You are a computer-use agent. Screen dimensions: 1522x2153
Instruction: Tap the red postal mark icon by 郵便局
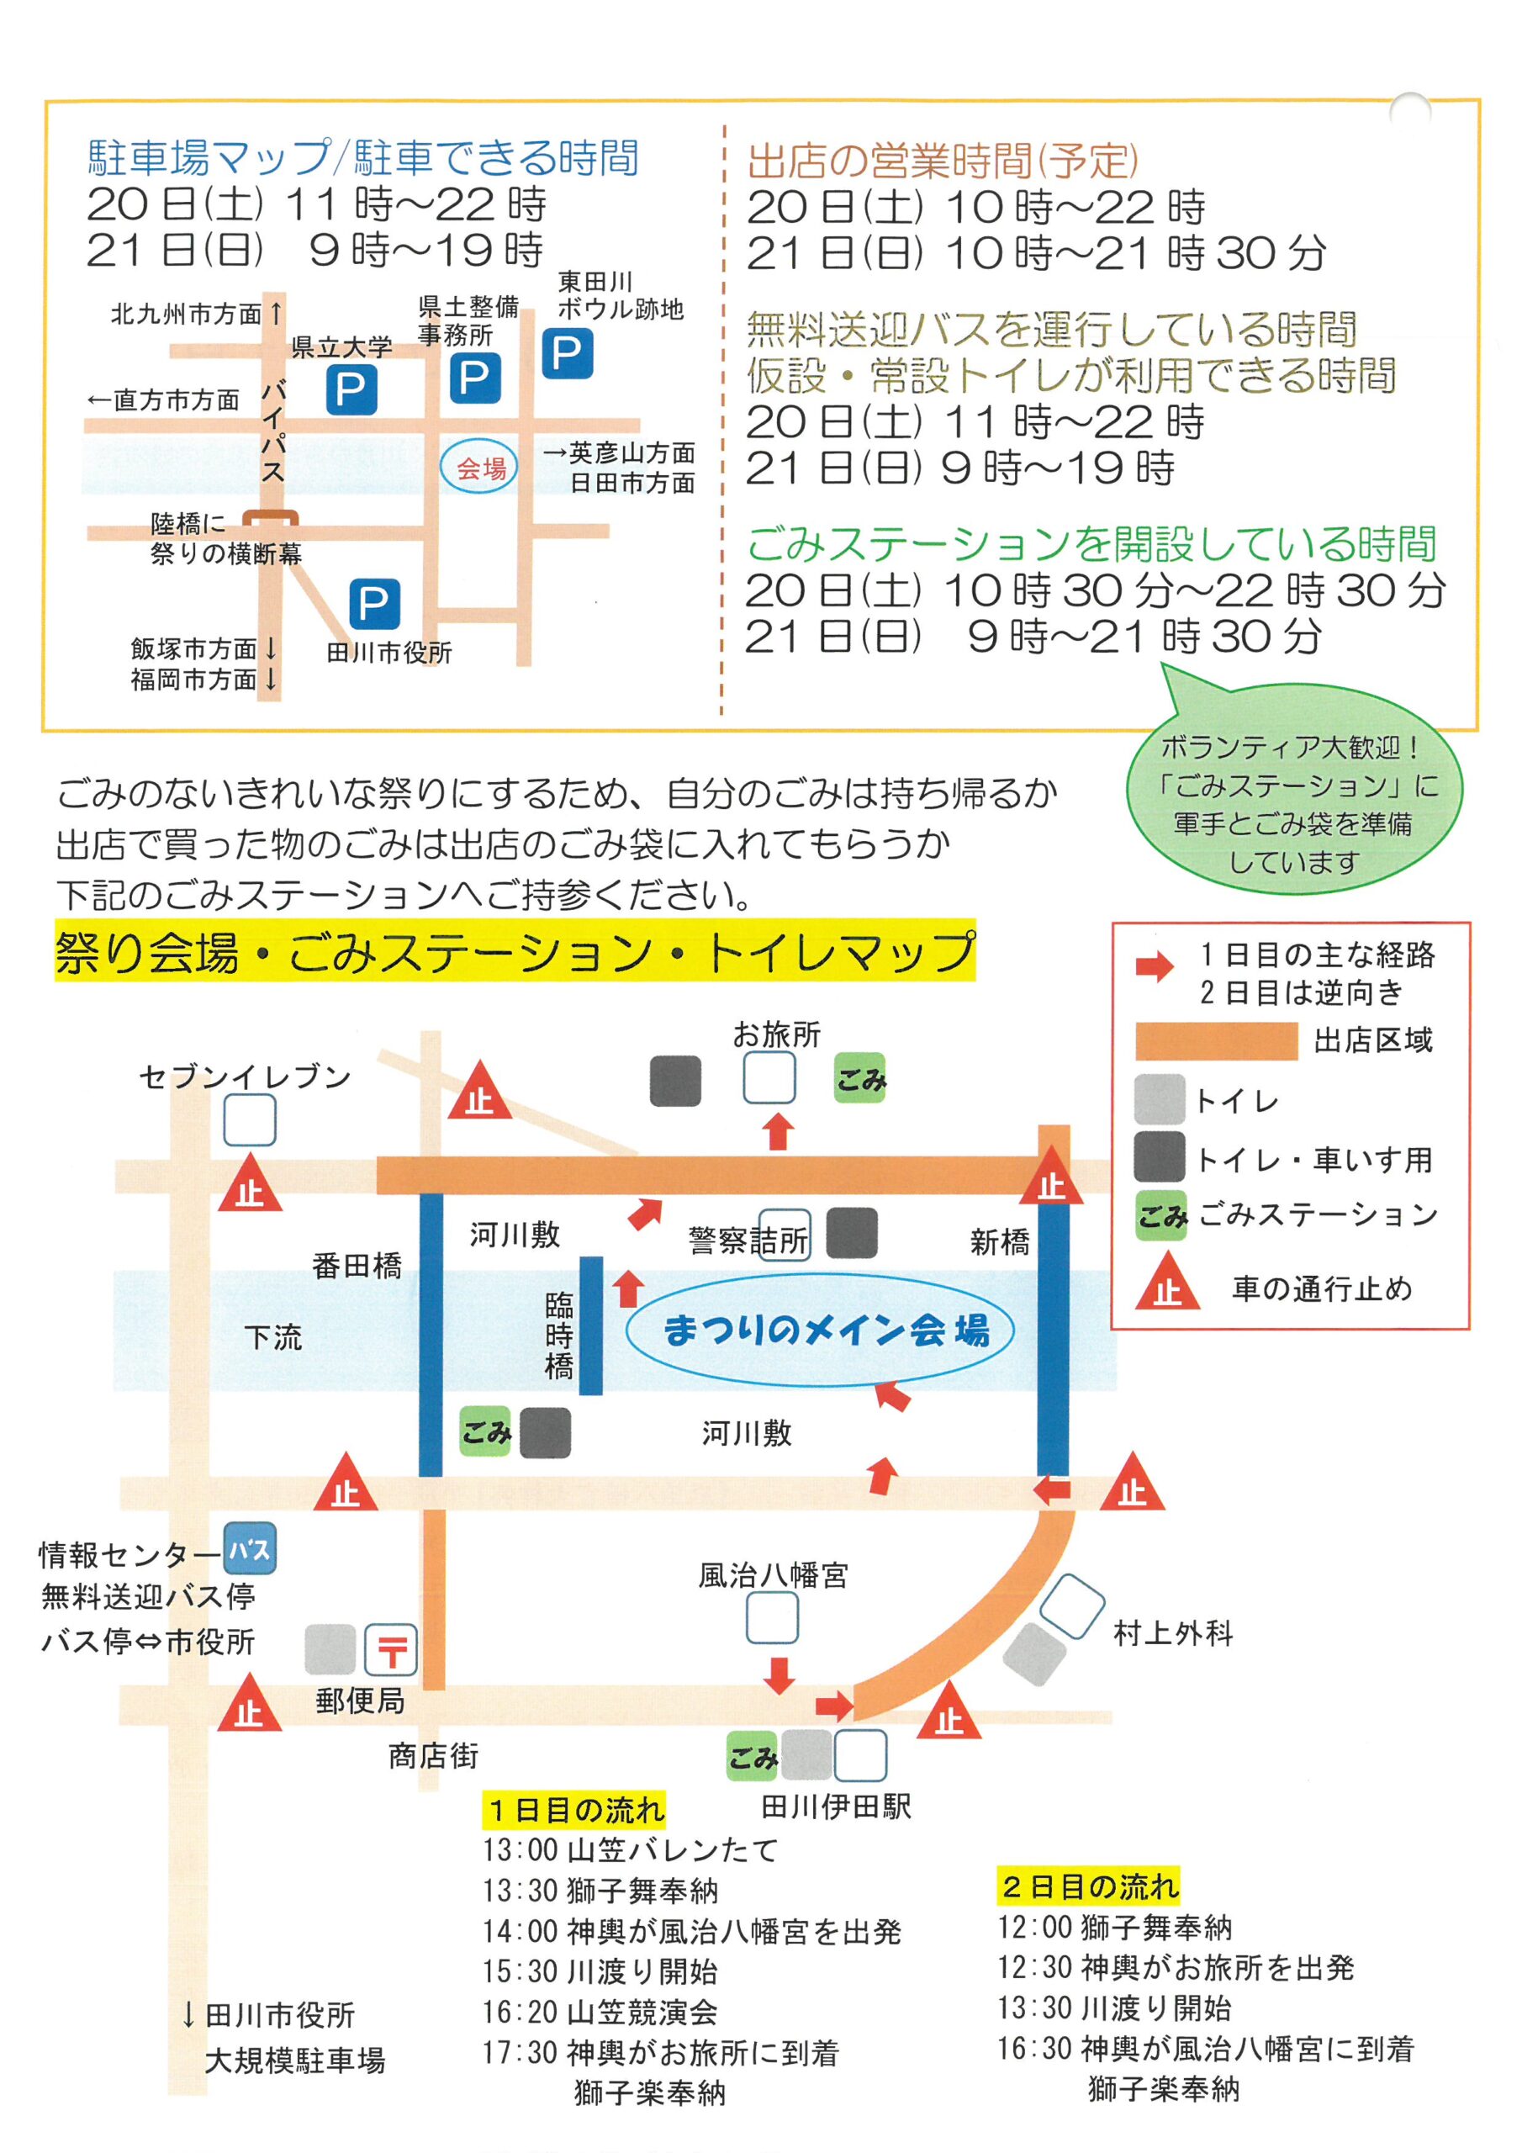(390, 1649)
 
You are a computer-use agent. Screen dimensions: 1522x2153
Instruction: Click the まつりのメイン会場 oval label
(820, 1330)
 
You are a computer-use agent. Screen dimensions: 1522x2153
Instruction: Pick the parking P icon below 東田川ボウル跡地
(568, 353)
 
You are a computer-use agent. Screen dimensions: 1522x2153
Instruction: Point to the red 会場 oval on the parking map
(479, 466)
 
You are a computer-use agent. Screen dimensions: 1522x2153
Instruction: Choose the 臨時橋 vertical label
(559, 1336)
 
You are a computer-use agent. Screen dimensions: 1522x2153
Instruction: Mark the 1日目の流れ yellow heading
(574, 1809)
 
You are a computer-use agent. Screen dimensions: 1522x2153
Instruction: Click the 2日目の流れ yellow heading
(1088, 1886)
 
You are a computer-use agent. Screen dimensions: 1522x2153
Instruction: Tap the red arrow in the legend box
(1155, 967)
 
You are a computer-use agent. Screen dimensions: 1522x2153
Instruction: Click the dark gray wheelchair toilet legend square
(1159, 1157)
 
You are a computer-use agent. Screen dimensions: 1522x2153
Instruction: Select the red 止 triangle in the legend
(1167, 1281)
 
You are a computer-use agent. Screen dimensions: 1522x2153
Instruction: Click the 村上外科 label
(1173, 1632)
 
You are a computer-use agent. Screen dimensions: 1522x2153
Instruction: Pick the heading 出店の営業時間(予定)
(943, 161)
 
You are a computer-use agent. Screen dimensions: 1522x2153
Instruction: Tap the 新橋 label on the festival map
(1000, 1241)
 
